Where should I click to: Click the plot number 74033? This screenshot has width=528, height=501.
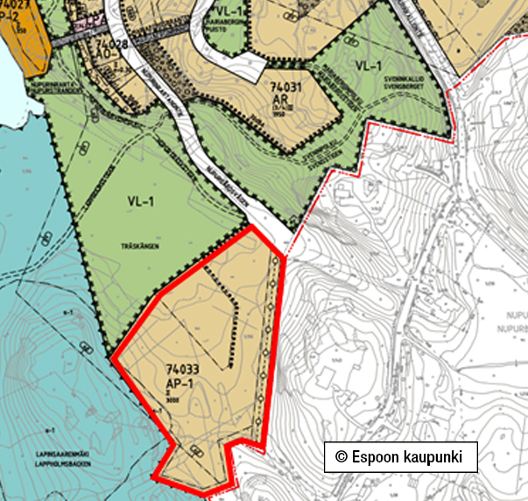182,370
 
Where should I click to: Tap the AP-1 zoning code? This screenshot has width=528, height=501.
178,385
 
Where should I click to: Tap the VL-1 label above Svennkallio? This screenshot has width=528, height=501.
369,67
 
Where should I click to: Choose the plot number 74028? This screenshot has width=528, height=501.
112,42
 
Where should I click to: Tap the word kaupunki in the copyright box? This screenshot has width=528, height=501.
437,457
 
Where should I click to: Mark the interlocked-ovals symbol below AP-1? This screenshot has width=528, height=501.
194,451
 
